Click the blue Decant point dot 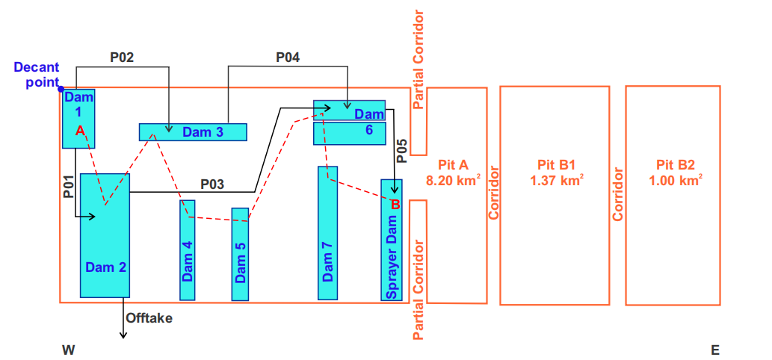(x=61, y=88)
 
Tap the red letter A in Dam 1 (x=80, y=130)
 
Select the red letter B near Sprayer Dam (x=395, y=204)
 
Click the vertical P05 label (x=401, y=151)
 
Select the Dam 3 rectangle (x=193, y=132)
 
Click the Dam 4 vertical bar (x=187, y=249)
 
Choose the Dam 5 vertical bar (x=240, y=254)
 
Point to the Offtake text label (x=149, y=319)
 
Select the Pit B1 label (x=556, y=164)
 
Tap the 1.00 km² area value (x=676, y=180)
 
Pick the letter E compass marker (x=714, y=350)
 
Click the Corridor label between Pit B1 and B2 (x=618, y=193)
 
